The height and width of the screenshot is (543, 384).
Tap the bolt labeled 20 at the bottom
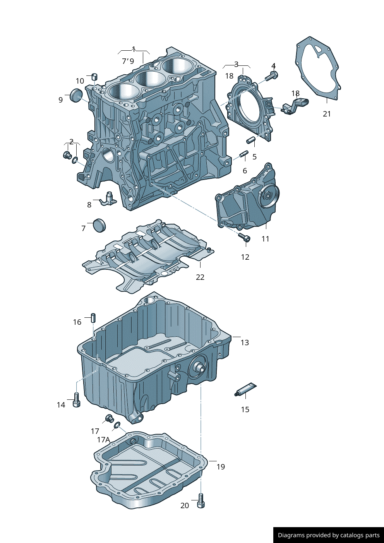tap(201, 500)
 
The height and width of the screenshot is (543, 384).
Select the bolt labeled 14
tap(76, 400)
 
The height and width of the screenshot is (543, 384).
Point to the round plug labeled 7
tap(99, 225)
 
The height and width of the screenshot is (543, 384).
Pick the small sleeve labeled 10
tap(94, 76)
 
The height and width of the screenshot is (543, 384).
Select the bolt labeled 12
tap(244, 237)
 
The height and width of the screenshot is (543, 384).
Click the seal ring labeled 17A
tap(116, 426)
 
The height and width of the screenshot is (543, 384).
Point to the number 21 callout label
tap(327, 114)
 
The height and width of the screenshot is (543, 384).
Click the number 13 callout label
tap(245, 343)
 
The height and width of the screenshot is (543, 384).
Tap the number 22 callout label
tap(200, 277)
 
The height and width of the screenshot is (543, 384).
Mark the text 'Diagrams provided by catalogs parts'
tap(329, 535)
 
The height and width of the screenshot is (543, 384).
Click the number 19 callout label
tap(221, 467)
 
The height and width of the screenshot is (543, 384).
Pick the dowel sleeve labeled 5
tap(250, 140)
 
